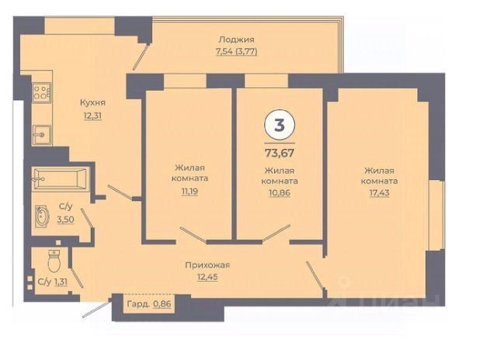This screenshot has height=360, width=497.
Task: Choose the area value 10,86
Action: (x=280, y=192)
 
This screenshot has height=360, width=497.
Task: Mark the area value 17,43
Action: (x=378, y=193)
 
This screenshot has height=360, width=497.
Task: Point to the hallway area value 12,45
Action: (x=207, y=277)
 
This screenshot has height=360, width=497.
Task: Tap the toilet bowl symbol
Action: (x=54, y=260)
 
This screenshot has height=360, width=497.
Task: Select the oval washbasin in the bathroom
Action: (x=42, y=216)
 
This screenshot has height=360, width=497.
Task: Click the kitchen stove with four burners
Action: (x=40, y=93)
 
